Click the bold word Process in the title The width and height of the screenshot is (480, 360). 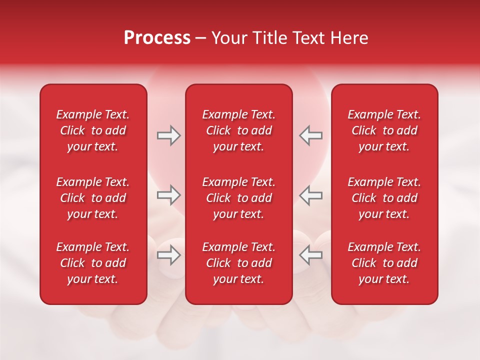click(157, 38)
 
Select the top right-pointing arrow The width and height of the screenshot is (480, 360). click(169, 135)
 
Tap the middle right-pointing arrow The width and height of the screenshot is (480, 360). click(169, 195)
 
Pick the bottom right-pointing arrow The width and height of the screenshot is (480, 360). click(169, 255)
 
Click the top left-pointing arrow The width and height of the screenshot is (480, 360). click(310, 135)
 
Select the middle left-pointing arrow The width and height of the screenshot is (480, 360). click(310, 195)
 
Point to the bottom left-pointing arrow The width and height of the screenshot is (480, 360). click(310, 255)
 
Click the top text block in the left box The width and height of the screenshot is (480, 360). click(93, 130)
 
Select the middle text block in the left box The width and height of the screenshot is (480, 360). click(93, 198)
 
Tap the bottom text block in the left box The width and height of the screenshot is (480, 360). click(93, 263)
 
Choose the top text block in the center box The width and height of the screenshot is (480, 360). click(238, 130)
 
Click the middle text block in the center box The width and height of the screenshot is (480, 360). click(238, 198)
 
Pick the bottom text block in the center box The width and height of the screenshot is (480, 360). click(238, 263)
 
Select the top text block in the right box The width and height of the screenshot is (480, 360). click(384, 130)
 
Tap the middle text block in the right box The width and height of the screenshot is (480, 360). click(384, 198)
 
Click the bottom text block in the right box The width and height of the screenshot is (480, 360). click(384, 263)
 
